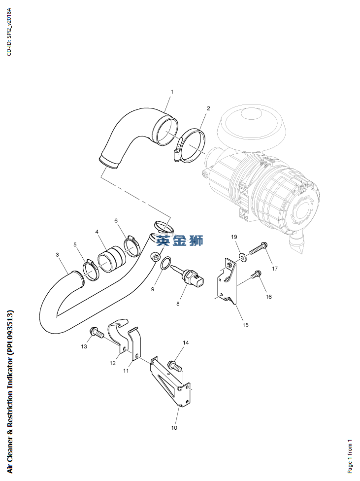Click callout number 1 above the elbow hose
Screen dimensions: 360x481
click(172, 92)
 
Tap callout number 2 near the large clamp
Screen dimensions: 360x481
click(208, 108)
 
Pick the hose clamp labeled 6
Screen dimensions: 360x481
click(132, 246)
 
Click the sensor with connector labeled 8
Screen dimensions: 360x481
click(187, 275)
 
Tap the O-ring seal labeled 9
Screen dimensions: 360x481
click(165, 264)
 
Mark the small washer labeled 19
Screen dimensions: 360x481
click(243, 256)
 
